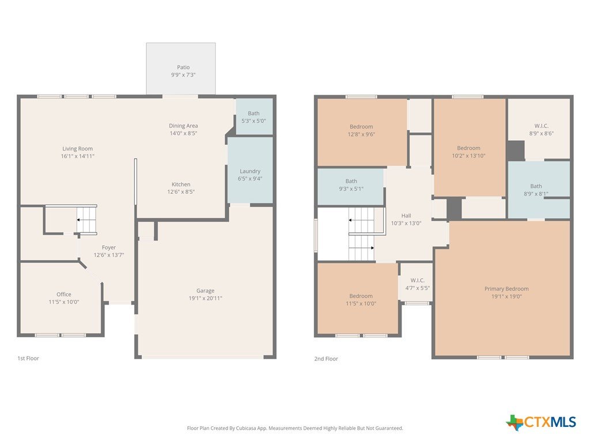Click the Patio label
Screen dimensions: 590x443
click(183, 67)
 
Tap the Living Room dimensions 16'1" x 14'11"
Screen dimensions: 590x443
click(78, 156)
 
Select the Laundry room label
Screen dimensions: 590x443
click(250, 171)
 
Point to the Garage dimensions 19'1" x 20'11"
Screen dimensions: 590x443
click(206, 298)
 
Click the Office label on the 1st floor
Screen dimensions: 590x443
click(64, 295)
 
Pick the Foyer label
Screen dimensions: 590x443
click(109, 247)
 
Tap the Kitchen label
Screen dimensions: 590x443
click(181, 184)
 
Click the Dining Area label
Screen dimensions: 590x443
click(183, 126)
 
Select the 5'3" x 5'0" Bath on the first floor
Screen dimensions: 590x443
click(254, 117)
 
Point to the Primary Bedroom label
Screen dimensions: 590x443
click(506, 289)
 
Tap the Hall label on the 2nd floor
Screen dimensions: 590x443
click(406, 216)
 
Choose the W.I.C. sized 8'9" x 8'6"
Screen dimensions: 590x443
click(539, 129)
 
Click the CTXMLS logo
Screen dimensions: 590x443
click(541, 422)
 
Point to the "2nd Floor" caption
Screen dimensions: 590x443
click(326, 359)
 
